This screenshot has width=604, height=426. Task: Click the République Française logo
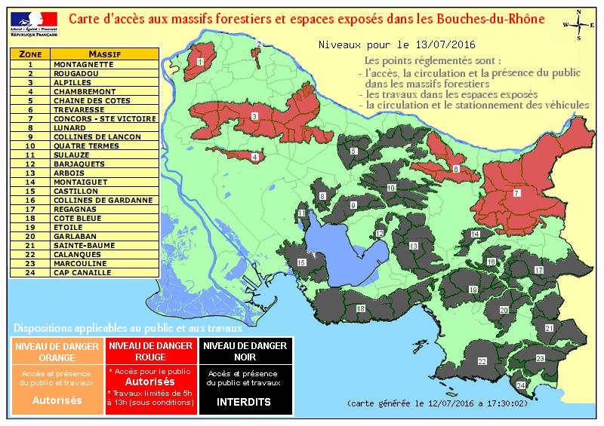[x=29, y=19]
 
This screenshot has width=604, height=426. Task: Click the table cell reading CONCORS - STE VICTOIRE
[x=105, y=118]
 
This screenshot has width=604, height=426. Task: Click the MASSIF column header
[x=105, y=54]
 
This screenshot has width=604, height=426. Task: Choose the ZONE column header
[x=30, y=54]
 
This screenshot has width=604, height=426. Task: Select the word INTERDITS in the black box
[x=243, y=402]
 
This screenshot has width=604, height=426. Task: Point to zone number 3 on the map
[x=254, y=116]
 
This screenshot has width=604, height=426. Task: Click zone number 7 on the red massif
[x=516, y=194]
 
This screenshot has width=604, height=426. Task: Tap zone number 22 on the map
[x=482, y=362]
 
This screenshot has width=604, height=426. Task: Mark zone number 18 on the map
[x=361, y=308]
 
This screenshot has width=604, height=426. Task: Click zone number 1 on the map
[x=200, y=62]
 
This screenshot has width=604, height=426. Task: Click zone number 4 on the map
[x=255, y=157]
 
